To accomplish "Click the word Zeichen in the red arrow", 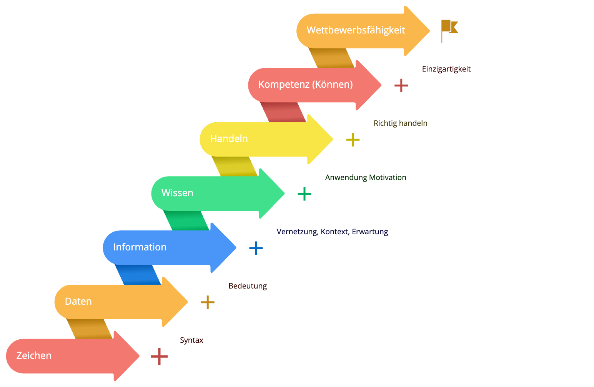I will pyautogui.click(x=34, y=355).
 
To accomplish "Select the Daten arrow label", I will pyautogui.click(x=78, y=301).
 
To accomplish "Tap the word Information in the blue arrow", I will pyautogui.click(x=140, y=247).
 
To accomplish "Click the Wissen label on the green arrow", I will pyautogui.click(x=177, y=193).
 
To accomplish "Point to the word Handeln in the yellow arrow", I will pyautogui.click(x=229, y=138).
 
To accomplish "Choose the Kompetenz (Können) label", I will pyautogui.click(x=305, y=84).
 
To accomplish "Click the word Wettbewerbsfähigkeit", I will pyautogui.click(x=356, y=30).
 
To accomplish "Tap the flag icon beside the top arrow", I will pyautogui.click(x=449, y=30).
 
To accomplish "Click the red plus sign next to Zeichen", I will pyautogui.click(x=159, y=356).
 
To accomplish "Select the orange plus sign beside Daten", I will pyautogui.click(x=208, y=302).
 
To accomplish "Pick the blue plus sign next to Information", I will pyautogui.click(x=256, y=248).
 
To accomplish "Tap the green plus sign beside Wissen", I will pyautogui.click(x=304, y=194).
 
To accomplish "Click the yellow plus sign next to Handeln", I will pyautogui.click(x=353, y=140).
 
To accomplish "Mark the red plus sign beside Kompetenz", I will pyautogui.click(x=401, y=85).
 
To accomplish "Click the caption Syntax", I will pyautogui.click(x=191, y=340).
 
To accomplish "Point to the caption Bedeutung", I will pyautogui.click(x=248, y=286).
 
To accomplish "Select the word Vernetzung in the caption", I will pyautogui.click(x=297, y=232).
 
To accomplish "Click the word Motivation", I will pyautogui.click(x=387, y=177).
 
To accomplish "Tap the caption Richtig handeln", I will pyautogui.click(x=400, y=123).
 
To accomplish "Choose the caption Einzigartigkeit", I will pyautogui.click(x=446, y=69).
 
